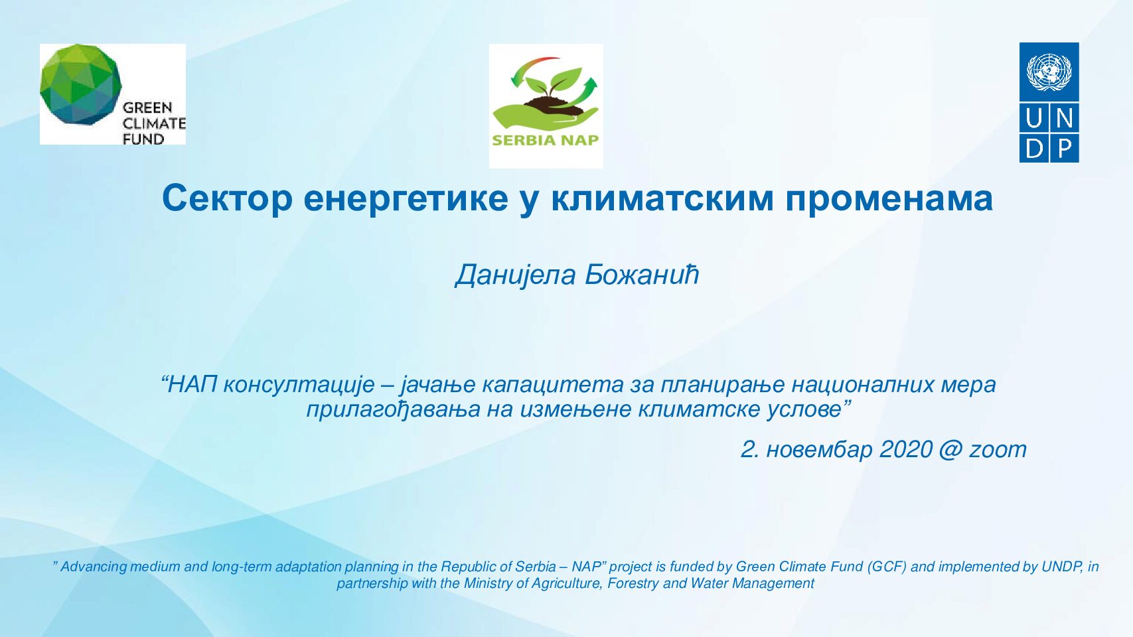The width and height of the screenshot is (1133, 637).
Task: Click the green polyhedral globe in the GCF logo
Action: click(81, 84)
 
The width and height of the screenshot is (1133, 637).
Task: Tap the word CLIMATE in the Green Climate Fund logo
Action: click(154, 123)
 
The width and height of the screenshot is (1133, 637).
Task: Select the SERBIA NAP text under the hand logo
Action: click(545, 139)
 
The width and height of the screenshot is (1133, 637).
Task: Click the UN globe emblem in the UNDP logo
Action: click(1049, 72)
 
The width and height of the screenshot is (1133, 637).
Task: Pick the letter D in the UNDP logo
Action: click(1034, 149)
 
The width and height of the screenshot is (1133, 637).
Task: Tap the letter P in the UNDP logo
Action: click(1064, 149)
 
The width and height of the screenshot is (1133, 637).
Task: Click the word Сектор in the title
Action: click(227, 199)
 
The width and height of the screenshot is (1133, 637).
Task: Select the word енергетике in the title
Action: click(406, 199)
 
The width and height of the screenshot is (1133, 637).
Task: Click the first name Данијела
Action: click(515, 275)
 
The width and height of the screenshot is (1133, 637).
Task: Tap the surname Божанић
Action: click(642, 275)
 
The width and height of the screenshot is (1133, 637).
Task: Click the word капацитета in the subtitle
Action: click(552, 386)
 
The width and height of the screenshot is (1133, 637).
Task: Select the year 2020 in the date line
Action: click(906, 449)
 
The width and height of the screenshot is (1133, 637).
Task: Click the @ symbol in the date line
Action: click(950, 449)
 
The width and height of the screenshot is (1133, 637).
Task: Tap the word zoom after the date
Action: click(998, 450)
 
